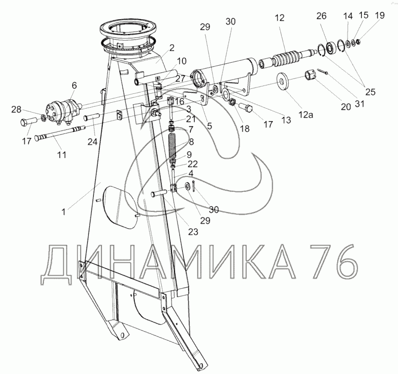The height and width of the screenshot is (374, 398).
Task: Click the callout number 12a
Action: (x=306, y=115)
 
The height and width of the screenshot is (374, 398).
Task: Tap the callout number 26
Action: (x=321, y=16)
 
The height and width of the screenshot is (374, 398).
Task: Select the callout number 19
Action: (x=380, y=15)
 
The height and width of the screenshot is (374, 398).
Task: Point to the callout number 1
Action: (x=64, y=211)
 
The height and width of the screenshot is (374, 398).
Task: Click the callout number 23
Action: (x=193, y=232)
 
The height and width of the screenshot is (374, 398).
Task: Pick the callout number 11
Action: (x=62, y=155)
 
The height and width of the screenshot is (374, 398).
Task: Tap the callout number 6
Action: (x=74, y=85)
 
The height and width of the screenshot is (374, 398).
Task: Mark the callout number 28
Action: (x=16, y=110)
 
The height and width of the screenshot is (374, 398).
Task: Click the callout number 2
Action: (x=172, y=48)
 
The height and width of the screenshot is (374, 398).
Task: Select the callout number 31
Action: (x=359, y=103)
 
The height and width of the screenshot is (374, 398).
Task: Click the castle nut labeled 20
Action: (x=310, y=76)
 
